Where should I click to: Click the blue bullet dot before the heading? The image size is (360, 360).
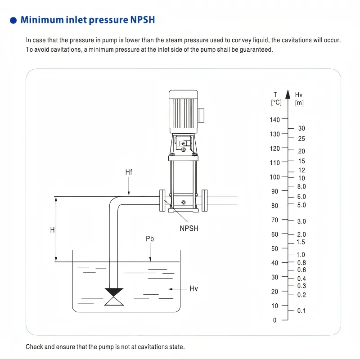click(x=13, y=21)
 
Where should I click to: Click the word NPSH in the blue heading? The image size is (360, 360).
click(x=143, y=20)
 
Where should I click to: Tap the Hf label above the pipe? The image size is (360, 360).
click(x=129, y=172)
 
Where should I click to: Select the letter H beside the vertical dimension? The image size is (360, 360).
click(x=52, y=229)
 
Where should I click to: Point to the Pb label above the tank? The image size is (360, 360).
click(x=150, y=239)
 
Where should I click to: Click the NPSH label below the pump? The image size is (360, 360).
click(x=189, y=228)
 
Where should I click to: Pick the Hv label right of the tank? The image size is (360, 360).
click(x=194, y=288)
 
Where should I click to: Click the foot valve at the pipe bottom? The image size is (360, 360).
click(x=114, y=297)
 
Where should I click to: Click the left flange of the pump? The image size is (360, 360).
click(x=162, y=201)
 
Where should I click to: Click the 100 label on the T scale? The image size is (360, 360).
click(x=274, y=177)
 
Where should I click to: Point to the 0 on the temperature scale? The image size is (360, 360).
click(x=275, y=320)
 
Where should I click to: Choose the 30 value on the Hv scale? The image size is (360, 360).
click(x=301, y=129)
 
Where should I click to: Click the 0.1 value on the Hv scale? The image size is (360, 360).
click(x=301, y=311)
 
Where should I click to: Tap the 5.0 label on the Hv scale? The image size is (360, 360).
click(x=301, y=205)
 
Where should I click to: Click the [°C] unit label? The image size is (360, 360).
click(x=276, y=103)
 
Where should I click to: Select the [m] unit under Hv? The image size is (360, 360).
click(x=299, y=103)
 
